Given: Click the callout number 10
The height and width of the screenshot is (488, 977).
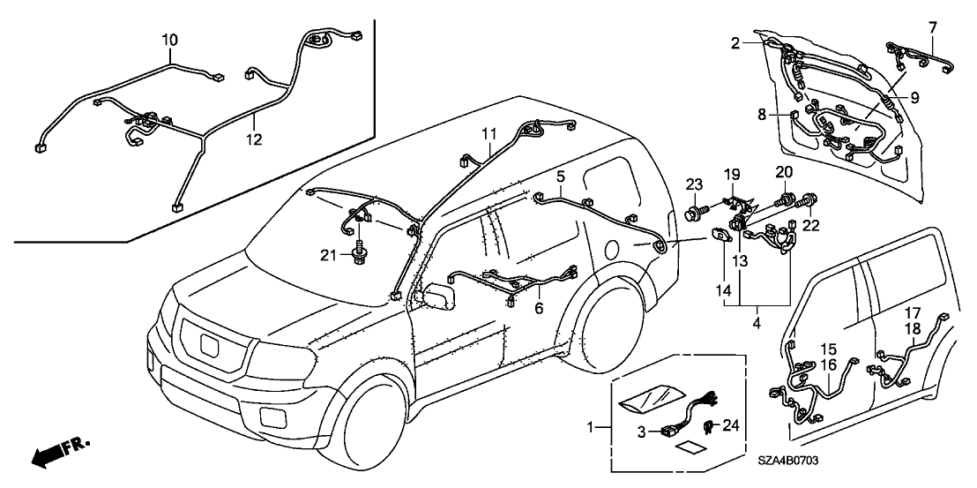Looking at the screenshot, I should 169,40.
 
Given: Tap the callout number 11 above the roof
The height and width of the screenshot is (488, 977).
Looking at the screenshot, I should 490,134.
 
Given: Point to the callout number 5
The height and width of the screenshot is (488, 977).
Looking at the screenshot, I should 560,176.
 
